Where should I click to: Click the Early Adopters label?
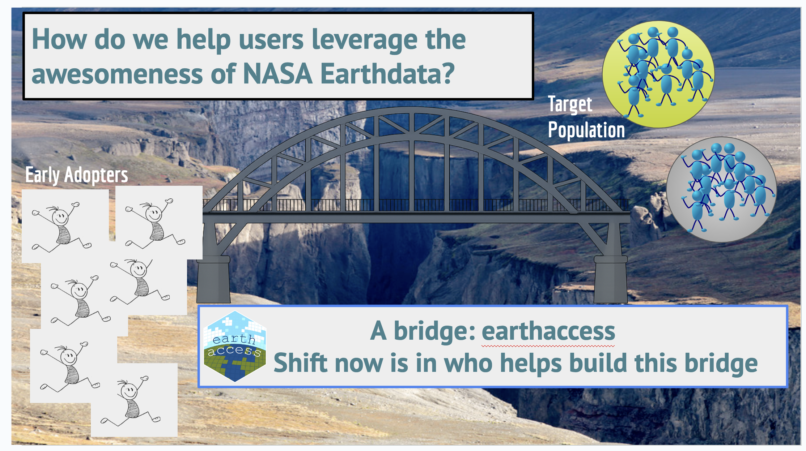coord(77,175)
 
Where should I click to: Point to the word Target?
coord(570,104)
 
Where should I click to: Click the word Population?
coord(586,130)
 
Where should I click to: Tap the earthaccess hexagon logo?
coord(235,346)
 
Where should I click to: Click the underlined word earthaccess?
coord(548,331)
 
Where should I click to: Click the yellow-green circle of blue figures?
coord(658,74)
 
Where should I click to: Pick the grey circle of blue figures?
coord(721,189)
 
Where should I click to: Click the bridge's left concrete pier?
coord(213,280)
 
